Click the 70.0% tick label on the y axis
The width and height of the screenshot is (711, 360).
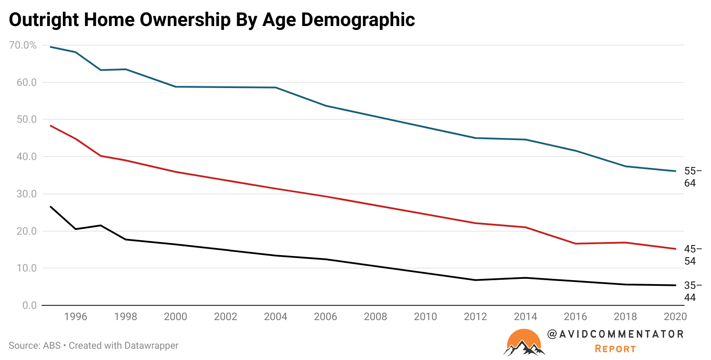[x=23, y=45]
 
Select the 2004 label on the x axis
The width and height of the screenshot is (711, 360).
[x=275, y=317]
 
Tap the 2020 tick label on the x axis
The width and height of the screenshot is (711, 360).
[x=675, y=317]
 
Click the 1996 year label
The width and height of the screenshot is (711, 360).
[x=75, y=317]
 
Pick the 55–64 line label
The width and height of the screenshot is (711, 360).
[x=692, y=177]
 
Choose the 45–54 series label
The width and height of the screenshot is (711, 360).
[x=692, y=255]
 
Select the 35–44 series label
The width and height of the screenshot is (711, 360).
[x=692, y=291]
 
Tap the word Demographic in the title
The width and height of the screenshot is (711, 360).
[x=358, y=20]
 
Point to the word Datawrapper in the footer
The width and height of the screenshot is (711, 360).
[x=151, y=346]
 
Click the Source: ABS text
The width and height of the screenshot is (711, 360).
[x=35, y=346]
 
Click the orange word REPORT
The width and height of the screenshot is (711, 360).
[x=615, y=349]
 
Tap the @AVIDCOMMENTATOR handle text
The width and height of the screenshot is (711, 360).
[x=615, y=334]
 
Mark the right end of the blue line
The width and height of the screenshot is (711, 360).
[x=675, y=171]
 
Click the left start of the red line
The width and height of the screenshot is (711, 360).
[x=51, y=126]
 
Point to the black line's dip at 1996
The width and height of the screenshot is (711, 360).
[x=76, y=229]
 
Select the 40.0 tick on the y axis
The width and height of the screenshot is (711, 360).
[x=26, y=157]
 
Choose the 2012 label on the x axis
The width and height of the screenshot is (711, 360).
[x=475, y=317]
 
